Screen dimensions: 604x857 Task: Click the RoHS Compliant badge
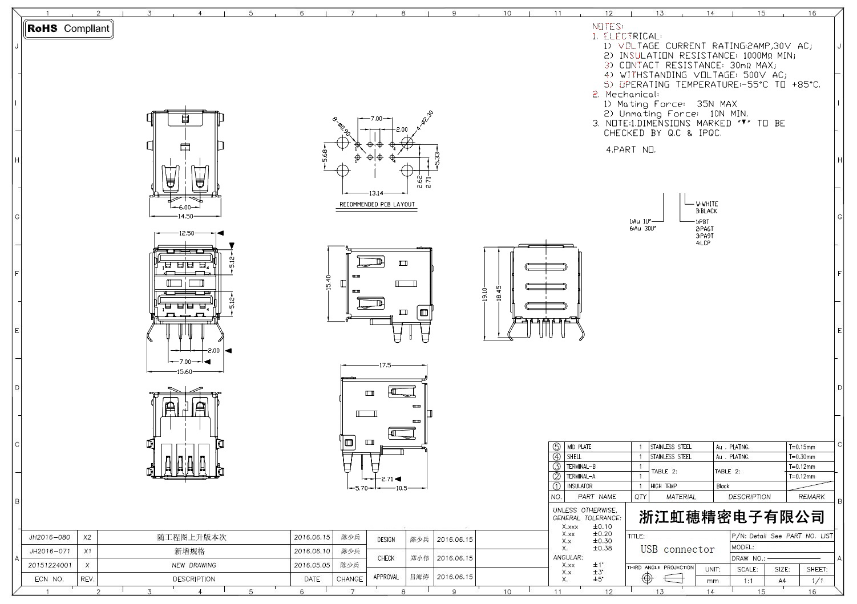[x=68, y=29]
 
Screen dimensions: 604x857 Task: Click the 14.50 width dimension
[x=185, y=217]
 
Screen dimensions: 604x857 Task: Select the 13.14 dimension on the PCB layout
[x=375, y=193]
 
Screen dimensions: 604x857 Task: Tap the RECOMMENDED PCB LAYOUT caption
[x=377, y=204]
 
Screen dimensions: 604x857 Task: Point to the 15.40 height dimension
[x=328, y=282]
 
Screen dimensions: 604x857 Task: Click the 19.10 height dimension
[x=484, y=294]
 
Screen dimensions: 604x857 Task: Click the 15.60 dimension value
[x=184, y=372]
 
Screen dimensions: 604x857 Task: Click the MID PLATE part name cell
[x=579, y=447]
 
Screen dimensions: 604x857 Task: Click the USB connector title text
[x=677, y=549]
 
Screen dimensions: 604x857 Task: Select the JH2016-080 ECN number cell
[x=50, y=537]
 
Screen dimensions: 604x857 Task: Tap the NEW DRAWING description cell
[x=194, y=565]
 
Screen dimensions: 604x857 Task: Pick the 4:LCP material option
[x=703, y=243]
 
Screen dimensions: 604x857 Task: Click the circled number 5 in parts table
[x=557, y=447]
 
